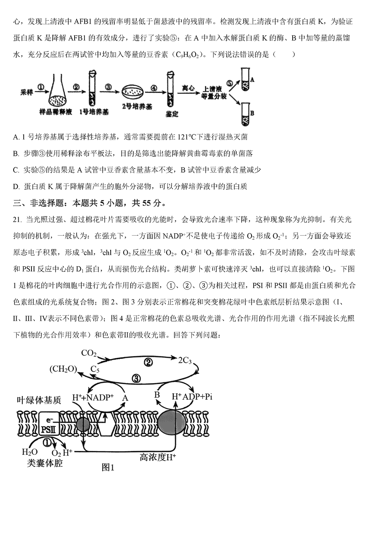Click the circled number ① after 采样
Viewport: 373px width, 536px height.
pyautogui.click(x=41, y=87)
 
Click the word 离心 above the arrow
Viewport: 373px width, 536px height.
pyautogui.click(x=188, y=88)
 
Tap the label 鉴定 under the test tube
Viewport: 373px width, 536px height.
pyautogui.click(x=172, y=114)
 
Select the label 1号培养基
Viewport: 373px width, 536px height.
pyautogui.click(x=94, y=112)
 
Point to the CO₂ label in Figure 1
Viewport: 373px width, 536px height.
pyautogui.click(x=89, y=353)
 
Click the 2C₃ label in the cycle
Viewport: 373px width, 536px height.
pyautogui.click(x=185, y=360)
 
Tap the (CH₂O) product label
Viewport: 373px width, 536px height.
pyautogui.click(x=63, y=369)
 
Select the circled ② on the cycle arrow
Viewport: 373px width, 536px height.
pyautogui.click(x=148, y=363)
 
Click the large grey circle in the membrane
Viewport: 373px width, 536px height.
pyautogui.click(x=172, y=423)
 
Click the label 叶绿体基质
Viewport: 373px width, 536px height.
pyautogui.click(x=39, y=400)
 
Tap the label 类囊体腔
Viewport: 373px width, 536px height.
pyautogui.click(x=45, y=463)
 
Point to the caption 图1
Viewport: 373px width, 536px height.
pyautogui.click(x=108, y=467)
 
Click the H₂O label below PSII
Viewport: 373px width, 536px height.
pyautogui.click(x=30, y=452)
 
